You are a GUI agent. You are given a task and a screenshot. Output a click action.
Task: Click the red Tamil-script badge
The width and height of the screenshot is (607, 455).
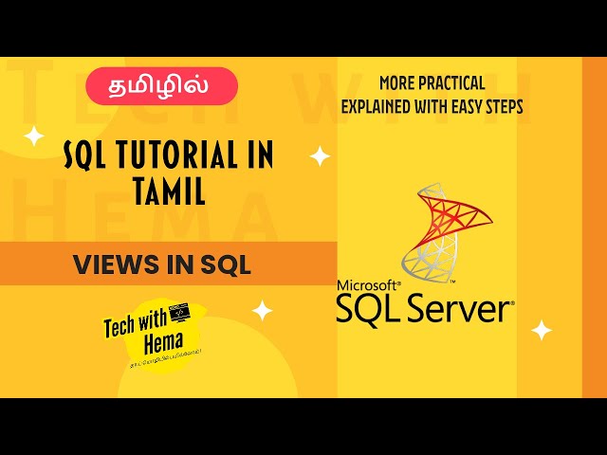(x=162, y=85)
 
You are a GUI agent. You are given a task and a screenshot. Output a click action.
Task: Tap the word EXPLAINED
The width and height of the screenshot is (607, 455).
(x=386, y=106)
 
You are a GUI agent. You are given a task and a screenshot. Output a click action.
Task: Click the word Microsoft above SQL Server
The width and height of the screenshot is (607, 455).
(x=368, y=285)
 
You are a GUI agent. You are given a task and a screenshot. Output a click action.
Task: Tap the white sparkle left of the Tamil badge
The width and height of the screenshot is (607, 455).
(x=34, y=136)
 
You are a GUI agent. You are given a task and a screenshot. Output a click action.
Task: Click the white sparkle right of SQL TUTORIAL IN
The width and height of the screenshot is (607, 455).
(x=321, y=155)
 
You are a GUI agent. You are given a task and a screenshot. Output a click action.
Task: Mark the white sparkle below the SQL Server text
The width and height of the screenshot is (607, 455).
(x=542, y=330)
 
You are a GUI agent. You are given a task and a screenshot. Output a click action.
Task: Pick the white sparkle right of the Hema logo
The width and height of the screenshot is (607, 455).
(x=262, y=310)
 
